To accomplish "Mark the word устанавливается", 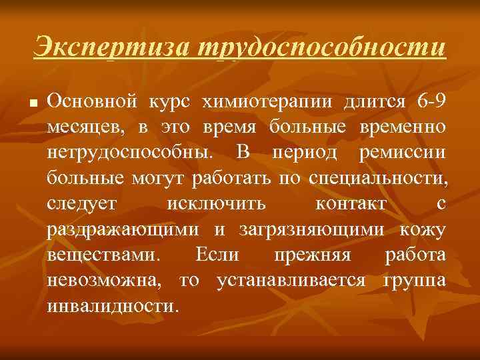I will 291,281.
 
